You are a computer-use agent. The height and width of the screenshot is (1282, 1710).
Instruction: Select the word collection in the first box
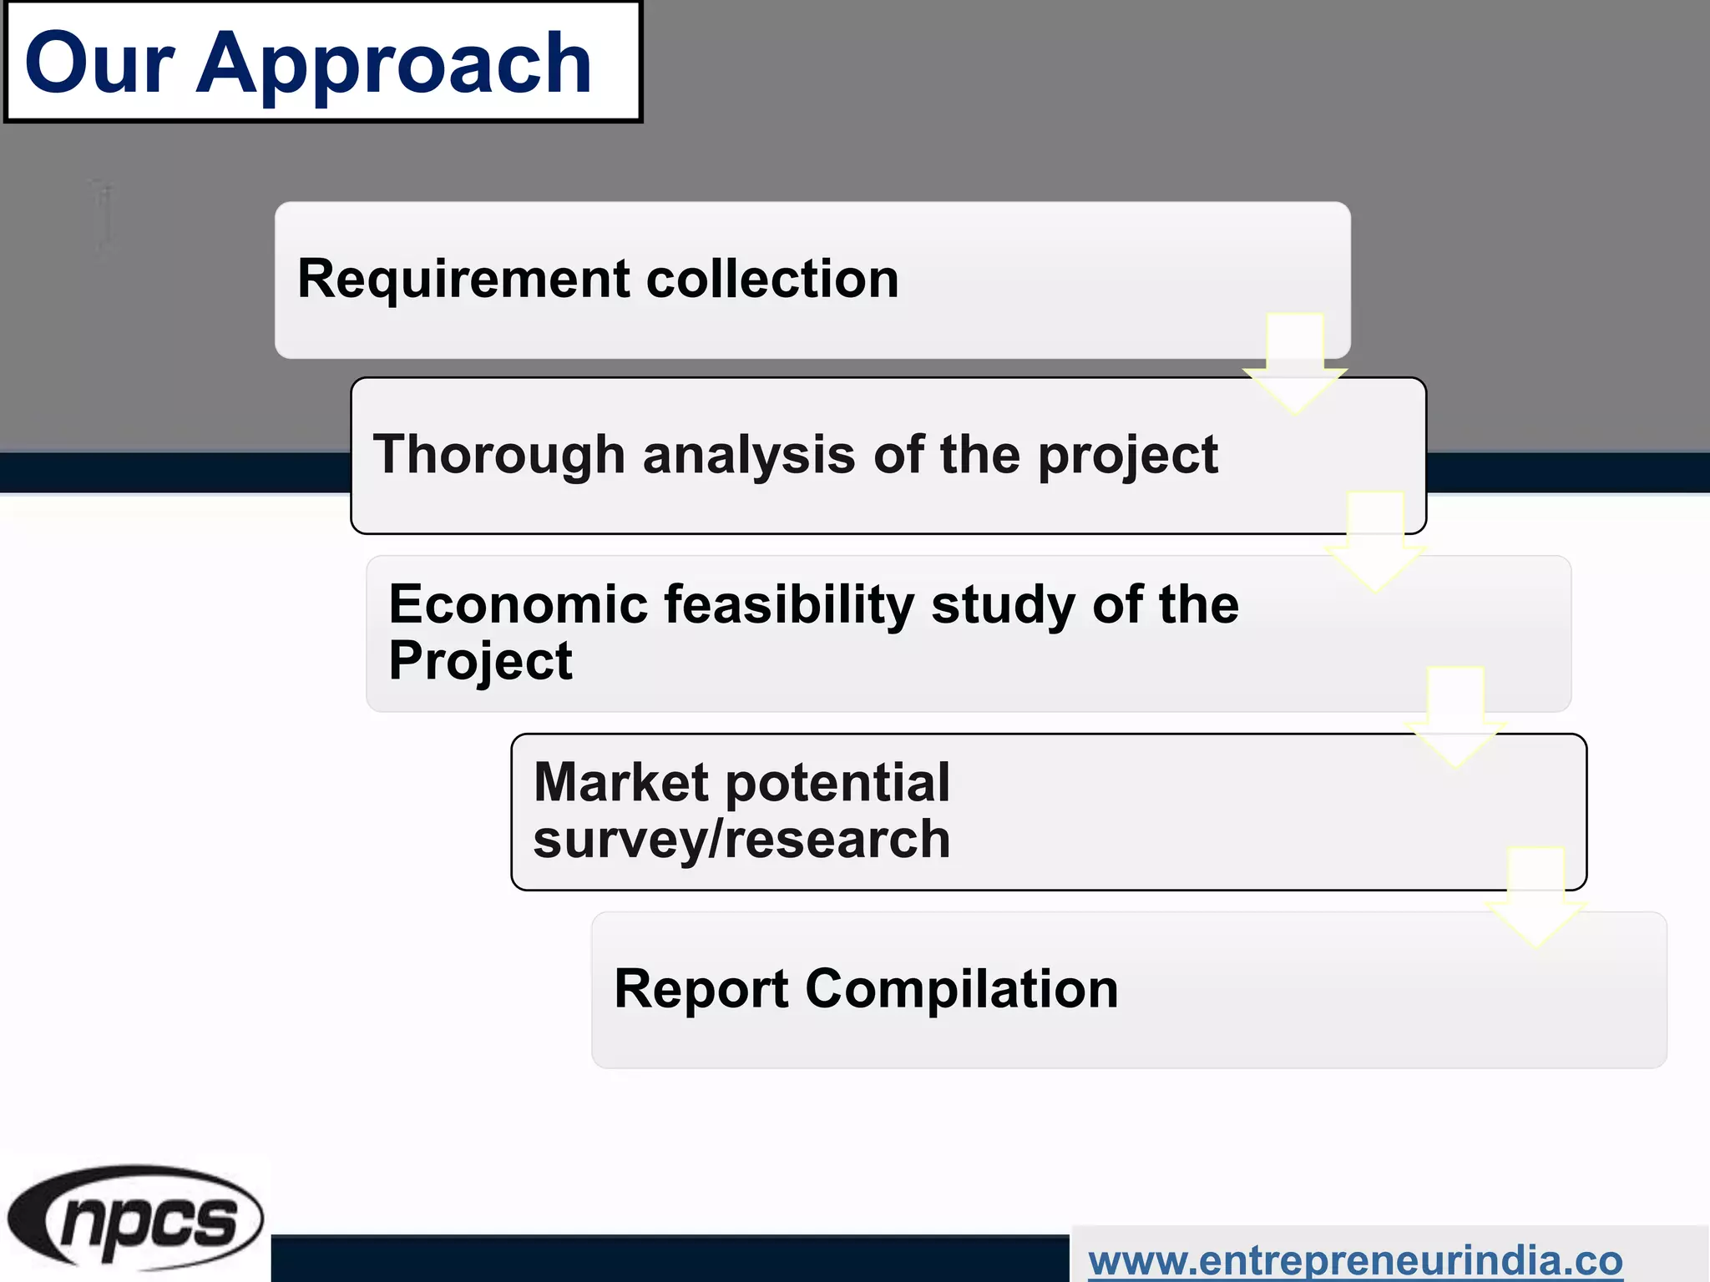(772, 279)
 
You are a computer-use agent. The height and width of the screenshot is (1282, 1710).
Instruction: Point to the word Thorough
(498, 455)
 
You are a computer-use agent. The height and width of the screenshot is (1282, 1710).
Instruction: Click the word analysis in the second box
(749, 456)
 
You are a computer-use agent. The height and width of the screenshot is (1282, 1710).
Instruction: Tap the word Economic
(519, 604)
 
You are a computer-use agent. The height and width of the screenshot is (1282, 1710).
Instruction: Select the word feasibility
(789, 604)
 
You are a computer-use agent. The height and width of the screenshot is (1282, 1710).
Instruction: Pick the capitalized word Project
(480, 661)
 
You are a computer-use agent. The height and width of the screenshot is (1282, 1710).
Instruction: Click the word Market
(621, 783)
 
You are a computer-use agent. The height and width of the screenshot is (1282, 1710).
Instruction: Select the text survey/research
(741, 840)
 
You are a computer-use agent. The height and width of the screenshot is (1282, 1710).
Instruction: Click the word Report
(701, 989)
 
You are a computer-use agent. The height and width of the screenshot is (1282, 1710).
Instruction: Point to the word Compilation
(961, 989)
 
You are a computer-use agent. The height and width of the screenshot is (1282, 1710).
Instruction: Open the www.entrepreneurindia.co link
(1355, 1260)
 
